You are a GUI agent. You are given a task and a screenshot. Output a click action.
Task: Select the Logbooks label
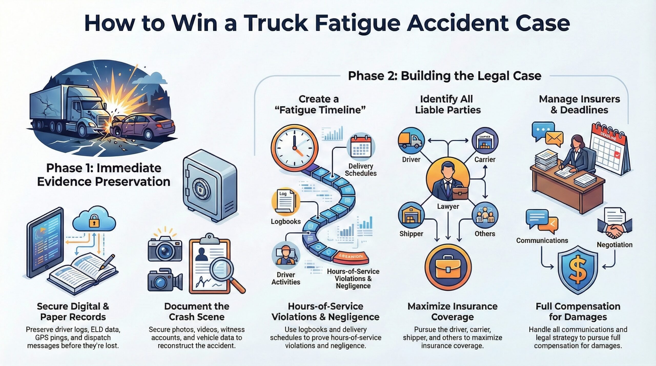coord(286,222)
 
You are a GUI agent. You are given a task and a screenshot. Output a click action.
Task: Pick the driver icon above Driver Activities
coord(285,255)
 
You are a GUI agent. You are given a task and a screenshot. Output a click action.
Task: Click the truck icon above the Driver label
coord(411,141)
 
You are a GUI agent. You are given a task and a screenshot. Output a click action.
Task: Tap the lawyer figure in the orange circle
coord(448,182)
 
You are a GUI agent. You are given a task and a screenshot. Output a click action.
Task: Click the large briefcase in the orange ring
coord(448,268)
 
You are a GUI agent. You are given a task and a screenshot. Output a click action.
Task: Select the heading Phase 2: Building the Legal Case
coord(444,76)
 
